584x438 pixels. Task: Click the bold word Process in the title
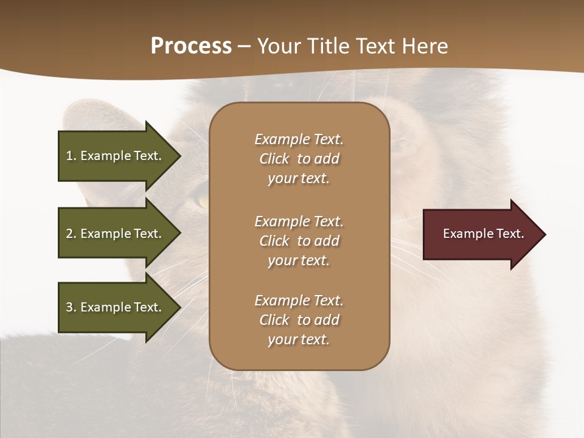click(191, 46)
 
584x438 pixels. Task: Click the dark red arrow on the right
click(481, 234)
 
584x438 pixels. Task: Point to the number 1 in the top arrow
click(69, 156)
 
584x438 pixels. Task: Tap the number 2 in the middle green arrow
click(69, 234)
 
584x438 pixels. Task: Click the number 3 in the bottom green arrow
click(69, 307)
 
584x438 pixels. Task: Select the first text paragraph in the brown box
click(299, 159)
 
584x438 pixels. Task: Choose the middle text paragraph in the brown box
click(299, 241)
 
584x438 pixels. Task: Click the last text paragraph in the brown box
click(299, 320)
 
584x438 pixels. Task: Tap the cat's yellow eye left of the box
click(201, 199)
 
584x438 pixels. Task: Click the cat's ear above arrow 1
click(91, 116)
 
